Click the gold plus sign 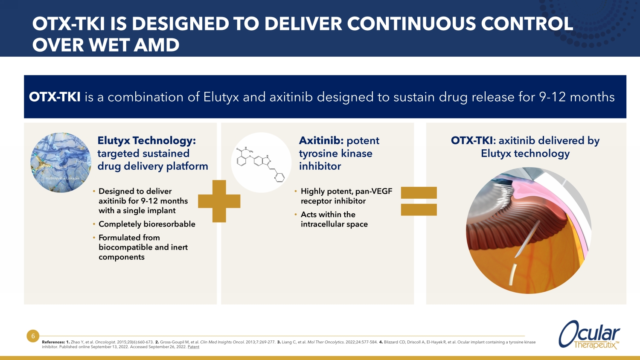(x=219, y=201)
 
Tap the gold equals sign (x=419, y=201)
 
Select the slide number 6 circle (x=33, y=336)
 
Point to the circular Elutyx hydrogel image (x=61, y=163)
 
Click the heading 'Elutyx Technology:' (x=146, y=140)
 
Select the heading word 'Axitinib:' (x=321, y=140)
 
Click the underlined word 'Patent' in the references (x=193, y=347)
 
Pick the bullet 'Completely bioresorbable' (x=147, y=224)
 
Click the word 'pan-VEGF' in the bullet (x=373, y=191)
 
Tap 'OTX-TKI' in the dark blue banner (x=55, y=97)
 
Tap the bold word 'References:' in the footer (x=53, y=342)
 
